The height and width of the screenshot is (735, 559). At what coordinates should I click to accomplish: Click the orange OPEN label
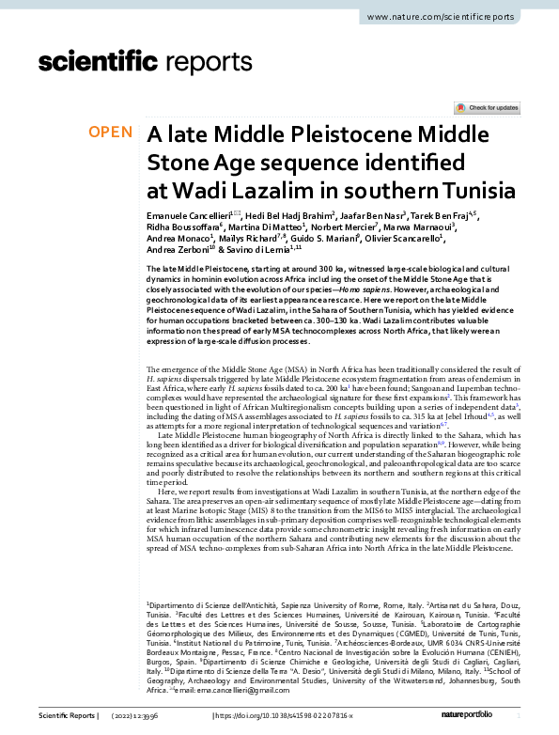(x=111, y=133)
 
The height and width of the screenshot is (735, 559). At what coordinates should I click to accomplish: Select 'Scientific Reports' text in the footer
(x=67, y=715)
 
